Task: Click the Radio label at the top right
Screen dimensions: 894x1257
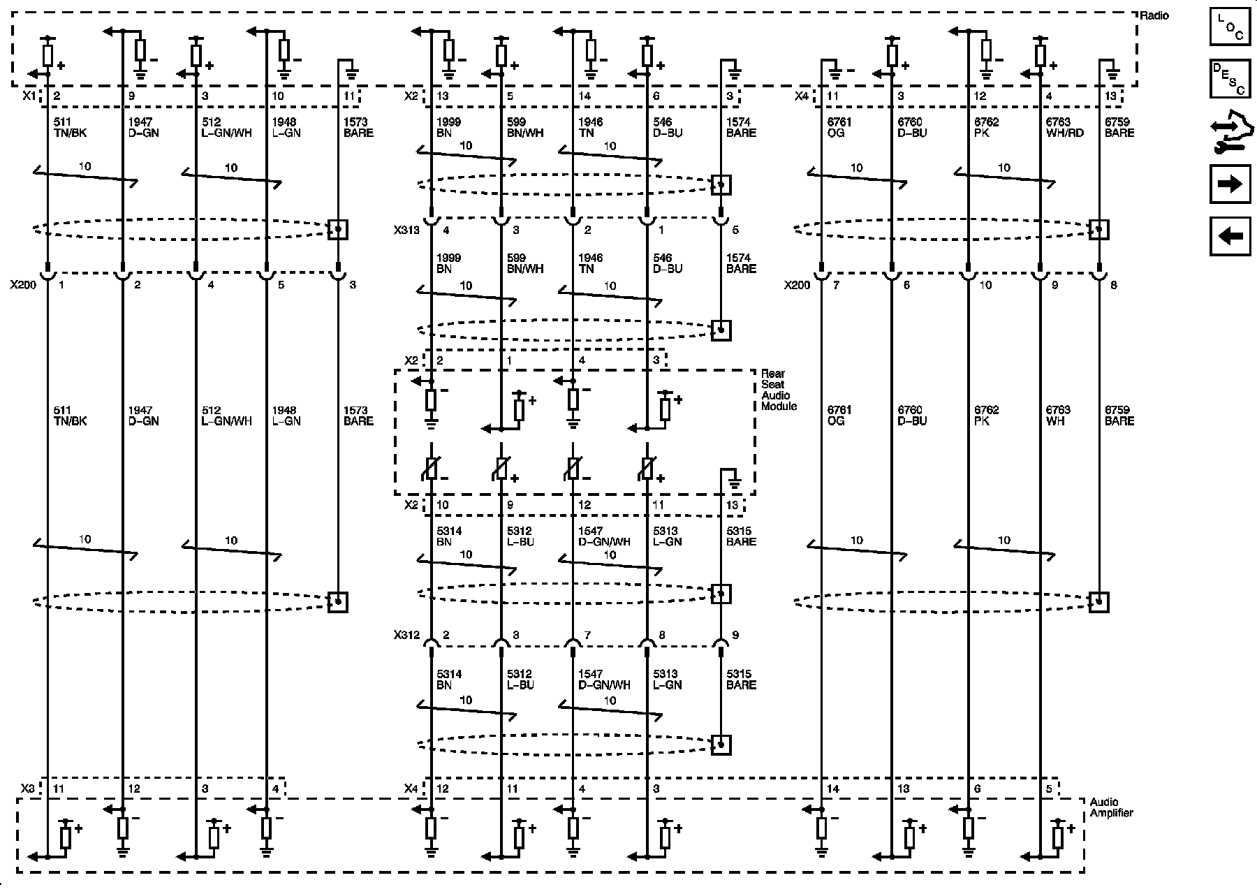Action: click(x=1154, y=15)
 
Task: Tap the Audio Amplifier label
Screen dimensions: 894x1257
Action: click(x=1111, y=807)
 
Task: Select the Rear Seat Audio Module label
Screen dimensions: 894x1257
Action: click(x=778, y=390)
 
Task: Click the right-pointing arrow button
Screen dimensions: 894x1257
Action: click(x=1230, y=184)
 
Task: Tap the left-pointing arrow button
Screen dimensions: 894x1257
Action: click(x=1230, y=236)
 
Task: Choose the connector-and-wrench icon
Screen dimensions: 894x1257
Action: click(x=1230, y=134)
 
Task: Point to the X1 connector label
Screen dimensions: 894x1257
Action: click(x=29, y=96)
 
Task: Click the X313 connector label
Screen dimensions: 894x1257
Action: click(x=406, y=229)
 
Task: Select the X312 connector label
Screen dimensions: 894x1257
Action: click(x=406, y=635)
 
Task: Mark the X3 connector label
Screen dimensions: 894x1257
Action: click(x=28, y=789)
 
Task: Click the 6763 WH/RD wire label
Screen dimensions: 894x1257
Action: click(x=1064, y=127)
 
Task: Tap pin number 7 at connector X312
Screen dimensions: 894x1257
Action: click(x=588, y=635)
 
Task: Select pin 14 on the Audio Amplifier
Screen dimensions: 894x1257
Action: click(x=832, y=789)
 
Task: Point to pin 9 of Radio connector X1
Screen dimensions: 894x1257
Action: click(x=131, y=96)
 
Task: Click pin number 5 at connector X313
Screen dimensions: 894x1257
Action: click(x=735, y=229)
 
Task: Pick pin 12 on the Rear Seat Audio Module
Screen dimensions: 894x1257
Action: click(x=585, y=505)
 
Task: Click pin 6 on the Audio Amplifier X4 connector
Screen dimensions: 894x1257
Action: click(x=977, y=789)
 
